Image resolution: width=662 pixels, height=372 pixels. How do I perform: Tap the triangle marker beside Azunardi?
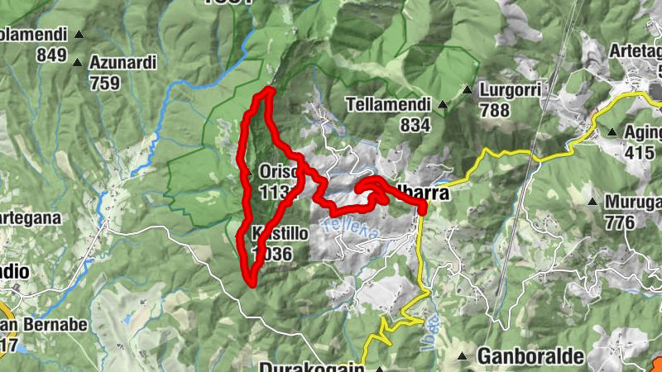coord(78,62)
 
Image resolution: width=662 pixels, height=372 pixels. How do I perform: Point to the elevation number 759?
coord(104,83)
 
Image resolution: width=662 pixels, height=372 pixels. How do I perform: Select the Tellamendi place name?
coord(389,105)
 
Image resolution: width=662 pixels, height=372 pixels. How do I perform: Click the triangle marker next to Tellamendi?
coord(443,105)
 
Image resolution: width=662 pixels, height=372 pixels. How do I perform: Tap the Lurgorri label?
coord(511,88)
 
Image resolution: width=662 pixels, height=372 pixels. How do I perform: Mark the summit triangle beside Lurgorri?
coord(468,89)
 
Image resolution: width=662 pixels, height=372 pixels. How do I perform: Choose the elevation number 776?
coord(620,222)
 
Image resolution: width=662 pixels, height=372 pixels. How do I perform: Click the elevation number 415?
coord(641,152)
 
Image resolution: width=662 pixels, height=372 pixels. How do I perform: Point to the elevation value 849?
coord(52,55)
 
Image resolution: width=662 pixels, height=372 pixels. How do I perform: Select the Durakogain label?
coord(311,366)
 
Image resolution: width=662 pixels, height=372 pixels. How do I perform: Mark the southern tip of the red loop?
coord(249,283)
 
